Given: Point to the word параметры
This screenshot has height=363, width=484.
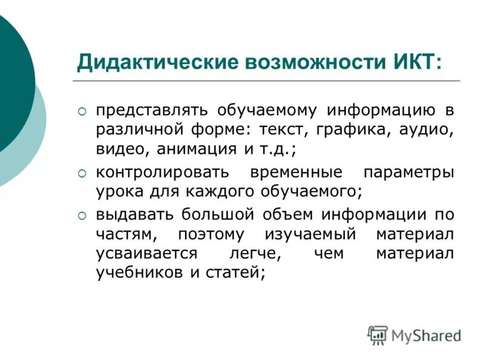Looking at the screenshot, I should (x=408, y=172).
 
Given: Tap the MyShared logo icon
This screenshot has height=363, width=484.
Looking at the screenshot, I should (x=378, y=335).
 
